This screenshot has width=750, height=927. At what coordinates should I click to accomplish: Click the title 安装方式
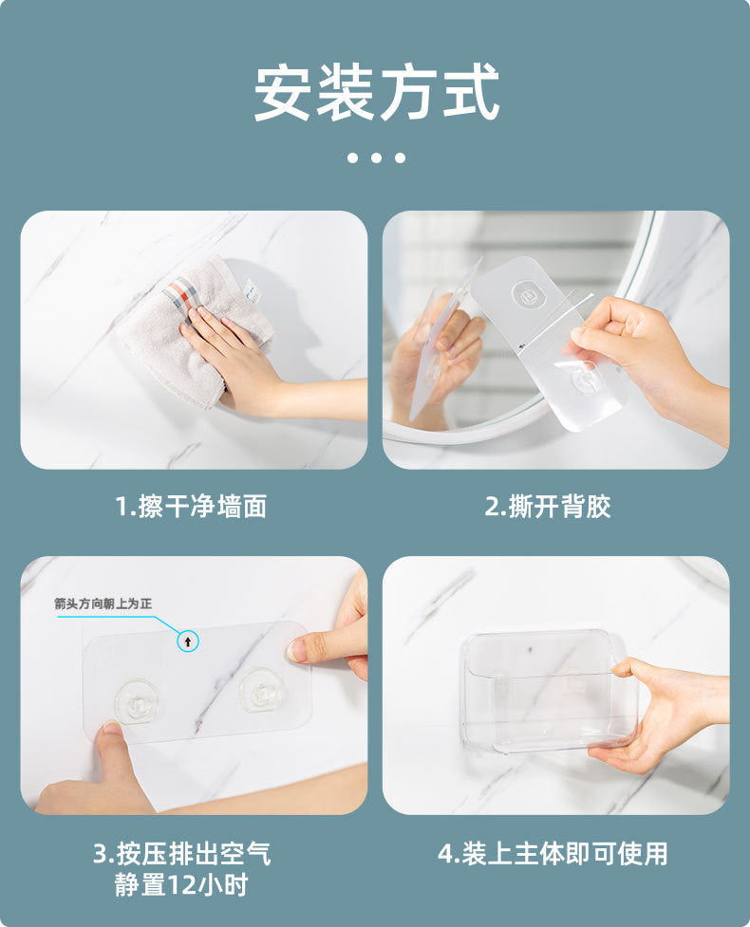click(x=377, y=93)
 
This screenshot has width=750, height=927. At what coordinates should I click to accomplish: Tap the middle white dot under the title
click(x=377, y=158)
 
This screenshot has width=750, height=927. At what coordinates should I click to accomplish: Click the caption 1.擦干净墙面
click(x=191, y=506)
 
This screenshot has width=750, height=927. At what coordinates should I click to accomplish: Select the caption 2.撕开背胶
click(x=548, y=506)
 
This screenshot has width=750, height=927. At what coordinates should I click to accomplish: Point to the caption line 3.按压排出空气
click(x=182, y=853)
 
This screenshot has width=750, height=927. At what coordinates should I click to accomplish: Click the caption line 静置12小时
click(x=181, y=885)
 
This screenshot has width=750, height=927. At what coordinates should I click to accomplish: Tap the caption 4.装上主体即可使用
click(x=553, y=853)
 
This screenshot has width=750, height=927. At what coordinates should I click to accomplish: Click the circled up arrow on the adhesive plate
click(x=188, y=641)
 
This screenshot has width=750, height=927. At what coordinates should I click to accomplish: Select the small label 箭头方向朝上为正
click(x=103, y=603)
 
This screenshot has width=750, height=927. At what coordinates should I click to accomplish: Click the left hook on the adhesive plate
click(x=137, y=700)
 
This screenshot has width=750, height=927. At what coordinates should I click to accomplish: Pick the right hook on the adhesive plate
click(x=261, y=690)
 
